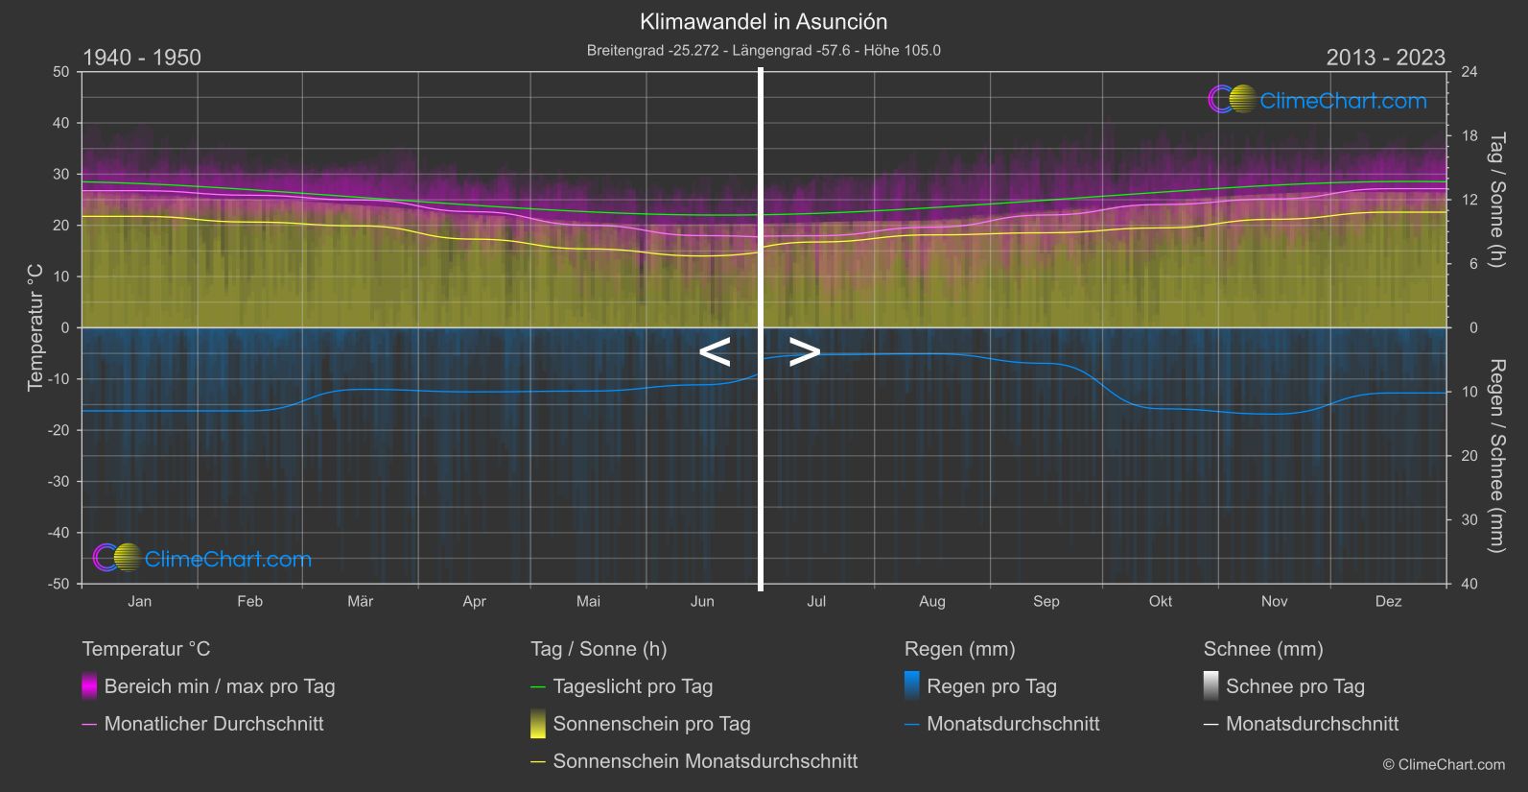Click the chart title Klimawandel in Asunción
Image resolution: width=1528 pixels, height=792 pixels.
tap(764, 22)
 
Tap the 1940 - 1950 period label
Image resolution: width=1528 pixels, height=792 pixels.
tap(142, 58)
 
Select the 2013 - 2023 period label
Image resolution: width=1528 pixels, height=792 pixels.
tap(1385, 58)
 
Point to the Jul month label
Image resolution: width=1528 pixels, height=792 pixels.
tap(816, 602)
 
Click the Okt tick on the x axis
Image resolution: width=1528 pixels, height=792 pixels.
tap(1161, 602)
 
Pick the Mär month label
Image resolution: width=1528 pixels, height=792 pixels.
tap(360, 602)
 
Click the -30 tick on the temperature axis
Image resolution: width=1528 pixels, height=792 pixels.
tap(59, 482)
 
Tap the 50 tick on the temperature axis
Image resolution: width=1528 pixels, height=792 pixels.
tap(61, 72)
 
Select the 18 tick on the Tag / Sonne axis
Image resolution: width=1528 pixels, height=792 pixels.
tap(1469, 136)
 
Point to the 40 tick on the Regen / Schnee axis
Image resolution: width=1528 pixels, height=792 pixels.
tap(1469, 584)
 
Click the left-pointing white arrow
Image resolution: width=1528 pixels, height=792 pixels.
tap(715, 352)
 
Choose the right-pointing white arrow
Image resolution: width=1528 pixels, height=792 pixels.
tap(805, 352)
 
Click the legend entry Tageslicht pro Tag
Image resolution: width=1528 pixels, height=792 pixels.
tap(632, 686)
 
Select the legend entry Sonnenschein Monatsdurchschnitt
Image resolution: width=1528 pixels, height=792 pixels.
tap(705, 761)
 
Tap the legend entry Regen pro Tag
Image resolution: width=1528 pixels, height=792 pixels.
tap(991, 686)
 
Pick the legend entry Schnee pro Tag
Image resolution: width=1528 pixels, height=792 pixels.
tap(1294, 686)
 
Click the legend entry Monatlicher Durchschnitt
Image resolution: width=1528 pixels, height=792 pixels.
tap(213, 724)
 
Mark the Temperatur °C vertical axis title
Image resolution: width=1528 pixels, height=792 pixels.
tap(35, 327)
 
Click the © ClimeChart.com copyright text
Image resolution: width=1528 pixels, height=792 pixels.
tap(1444, 765)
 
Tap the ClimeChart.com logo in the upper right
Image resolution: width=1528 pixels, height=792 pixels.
tap(1318, 100)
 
